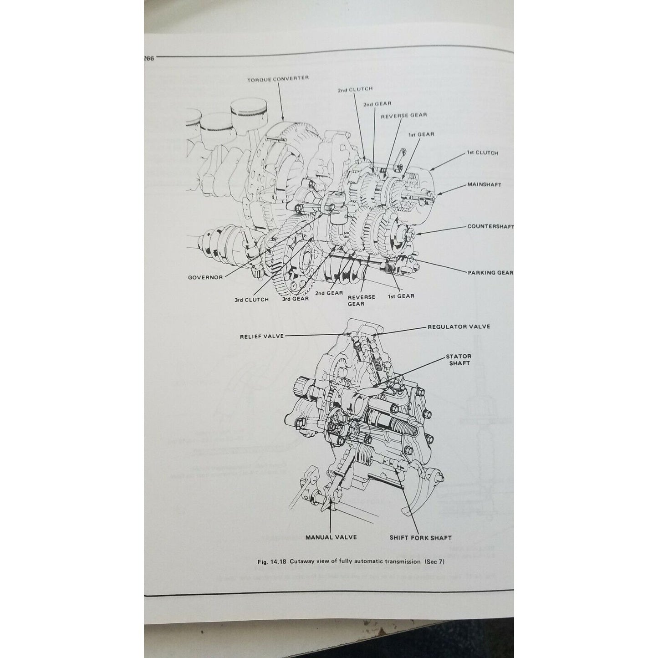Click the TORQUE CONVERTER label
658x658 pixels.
pos(278,78)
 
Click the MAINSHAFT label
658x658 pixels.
pos(484,185)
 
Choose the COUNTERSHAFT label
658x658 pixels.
pos(490,226)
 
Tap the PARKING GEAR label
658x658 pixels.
pos(490,273)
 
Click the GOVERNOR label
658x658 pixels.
pos(205,277)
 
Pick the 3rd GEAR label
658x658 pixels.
pos(296,299)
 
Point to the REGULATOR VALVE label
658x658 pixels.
pos(459,327)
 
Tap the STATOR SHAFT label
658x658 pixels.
pos(459,360)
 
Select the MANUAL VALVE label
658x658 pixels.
pos(331,537)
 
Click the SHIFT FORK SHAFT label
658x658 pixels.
pos(420,538)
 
